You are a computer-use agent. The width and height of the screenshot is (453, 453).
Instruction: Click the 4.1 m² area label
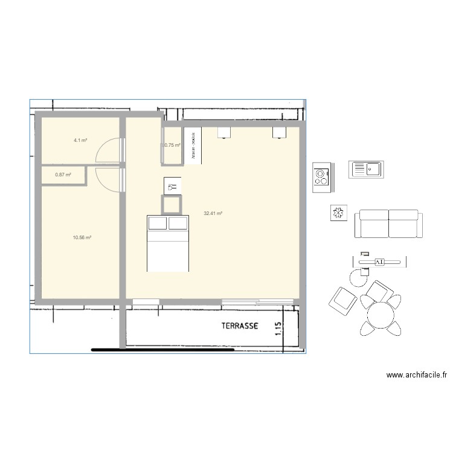[x=80, y=140]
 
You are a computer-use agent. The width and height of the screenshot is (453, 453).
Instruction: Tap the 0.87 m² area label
[x=63, y=175]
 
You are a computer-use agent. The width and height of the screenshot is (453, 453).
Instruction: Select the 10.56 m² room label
[x=82, y=237]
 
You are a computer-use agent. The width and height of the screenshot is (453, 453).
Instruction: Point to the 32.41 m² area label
[x=213, y=213]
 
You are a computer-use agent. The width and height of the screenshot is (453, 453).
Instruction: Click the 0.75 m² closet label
[x=173, y=145]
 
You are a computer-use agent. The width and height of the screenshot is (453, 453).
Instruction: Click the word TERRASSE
[x=240, y=326]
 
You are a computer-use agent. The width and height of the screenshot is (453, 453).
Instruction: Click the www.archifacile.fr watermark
[x=417, y=375]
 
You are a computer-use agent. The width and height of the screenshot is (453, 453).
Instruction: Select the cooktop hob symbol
[x=321, y=177]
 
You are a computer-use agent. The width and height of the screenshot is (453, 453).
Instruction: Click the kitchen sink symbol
[x=366, y=169]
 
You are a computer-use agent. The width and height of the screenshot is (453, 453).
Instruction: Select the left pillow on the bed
[x=158, y=223]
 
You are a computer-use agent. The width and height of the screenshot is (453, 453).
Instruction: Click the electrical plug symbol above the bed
[x=172, y=186]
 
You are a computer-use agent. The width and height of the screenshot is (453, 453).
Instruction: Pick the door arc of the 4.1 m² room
[x=109, y=151]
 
